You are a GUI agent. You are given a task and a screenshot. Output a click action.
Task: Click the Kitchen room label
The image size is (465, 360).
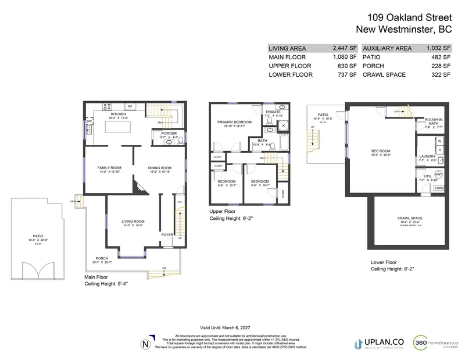[x=119, y=114]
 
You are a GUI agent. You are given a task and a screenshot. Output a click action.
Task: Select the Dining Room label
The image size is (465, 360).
[x=159, y=167]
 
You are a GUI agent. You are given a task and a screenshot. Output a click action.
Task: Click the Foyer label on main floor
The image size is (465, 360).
[x=167, y=235]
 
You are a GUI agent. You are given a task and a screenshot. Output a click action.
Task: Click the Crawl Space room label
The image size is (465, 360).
[x=410, y=218]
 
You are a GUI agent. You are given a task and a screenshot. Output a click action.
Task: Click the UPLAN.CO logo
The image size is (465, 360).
[x=378, y=344]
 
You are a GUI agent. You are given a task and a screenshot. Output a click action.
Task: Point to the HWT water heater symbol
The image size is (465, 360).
[x=439, y=174]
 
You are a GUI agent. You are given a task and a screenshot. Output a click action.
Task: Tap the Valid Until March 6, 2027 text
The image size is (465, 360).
[x=232, y=327]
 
